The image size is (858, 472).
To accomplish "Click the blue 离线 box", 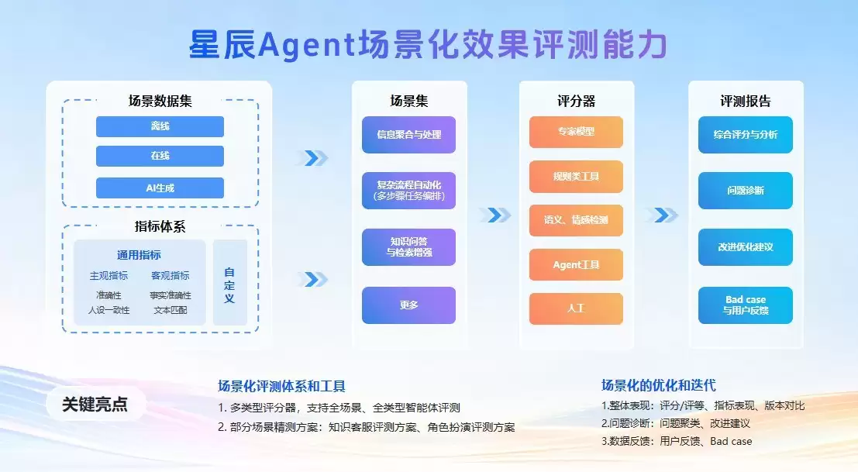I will [x=160, y=126].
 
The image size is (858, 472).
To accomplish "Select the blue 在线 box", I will [x=160, y=156].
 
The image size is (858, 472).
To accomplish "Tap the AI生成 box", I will [x=160, y=188].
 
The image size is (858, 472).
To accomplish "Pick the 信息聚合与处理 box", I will [x=408, y=135].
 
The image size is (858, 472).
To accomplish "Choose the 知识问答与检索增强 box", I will [x=408, y=246].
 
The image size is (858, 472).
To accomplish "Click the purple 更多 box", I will [x=408, y=305].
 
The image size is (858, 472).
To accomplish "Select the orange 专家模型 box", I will [x=576, y=132].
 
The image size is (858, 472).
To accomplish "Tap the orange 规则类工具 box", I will [x=576, y=176].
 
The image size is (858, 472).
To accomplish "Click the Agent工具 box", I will [x=576, y=265].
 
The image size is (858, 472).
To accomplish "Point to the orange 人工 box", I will [x=576, y=308].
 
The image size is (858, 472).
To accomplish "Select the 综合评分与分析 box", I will [x=745, y=135].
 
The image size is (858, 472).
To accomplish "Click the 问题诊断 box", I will [x=745, y=191].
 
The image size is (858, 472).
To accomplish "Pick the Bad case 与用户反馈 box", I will [x=745, y=305].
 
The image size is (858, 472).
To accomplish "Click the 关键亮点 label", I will [x=95, y=405].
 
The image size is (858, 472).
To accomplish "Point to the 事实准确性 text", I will [x=171, y=295].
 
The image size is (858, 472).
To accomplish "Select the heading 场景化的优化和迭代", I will [x=658, y=385].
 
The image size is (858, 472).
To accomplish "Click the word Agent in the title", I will [x=305, y=46].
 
